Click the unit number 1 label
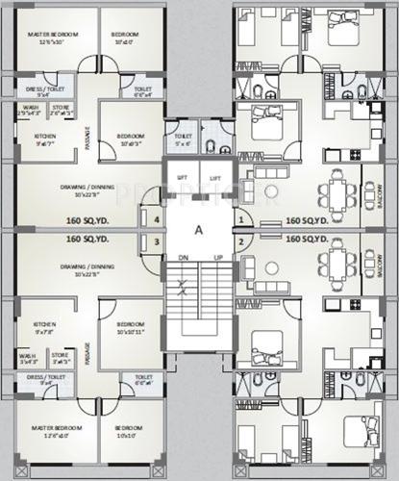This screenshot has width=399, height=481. coord(240,219)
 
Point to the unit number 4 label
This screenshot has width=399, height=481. coord(157,219)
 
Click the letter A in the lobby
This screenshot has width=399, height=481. coord(197,230)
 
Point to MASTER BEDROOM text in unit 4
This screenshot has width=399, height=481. coord(47,35)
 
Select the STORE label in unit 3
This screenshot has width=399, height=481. coord(60,354)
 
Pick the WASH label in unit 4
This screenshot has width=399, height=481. coord(29,107)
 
